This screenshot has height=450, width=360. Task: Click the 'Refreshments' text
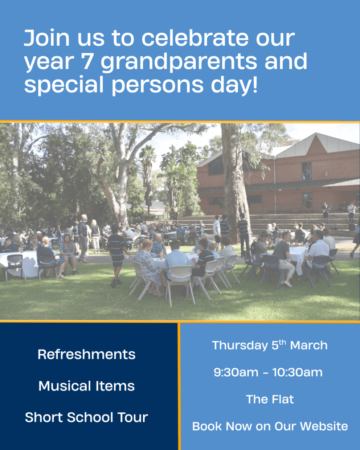pyautogui.click(x=86, y=354)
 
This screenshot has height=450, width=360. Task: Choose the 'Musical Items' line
pyautogui.click(x=86, y=386)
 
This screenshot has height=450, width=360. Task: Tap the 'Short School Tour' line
pyautogui.click(x=86, y=417)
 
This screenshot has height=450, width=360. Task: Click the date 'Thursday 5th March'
pyautogui.click(x=270, y=345)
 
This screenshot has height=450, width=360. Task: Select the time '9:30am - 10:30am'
pyautogui.click(x=268, y=372)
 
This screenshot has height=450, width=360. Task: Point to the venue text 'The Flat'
pyautogui.click(x=270, y=399)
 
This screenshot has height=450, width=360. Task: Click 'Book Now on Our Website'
pyautogui.click(x=270, y=426)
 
